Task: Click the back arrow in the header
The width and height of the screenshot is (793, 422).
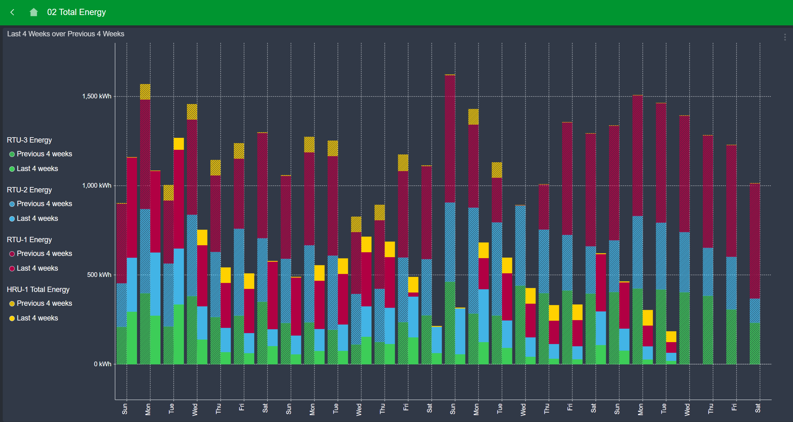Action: point(13,12)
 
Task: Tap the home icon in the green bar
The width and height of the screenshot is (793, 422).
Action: point(34,12)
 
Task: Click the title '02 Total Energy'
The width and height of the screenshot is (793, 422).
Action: point(76,12)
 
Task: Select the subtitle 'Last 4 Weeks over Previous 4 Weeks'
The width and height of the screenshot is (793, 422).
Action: point(66,34)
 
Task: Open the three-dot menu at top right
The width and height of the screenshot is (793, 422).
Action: point(785,37)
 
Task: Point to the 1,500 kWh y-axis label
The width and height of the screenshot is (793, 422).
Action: point(97,96)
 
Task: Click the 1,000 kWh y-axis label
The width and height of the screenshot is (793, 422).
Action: point(97,185)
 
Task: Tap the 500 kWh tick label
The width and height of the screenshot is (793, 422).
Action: point(99,275)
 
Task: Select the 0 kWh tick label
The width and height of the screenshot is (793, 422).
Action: point(102,364)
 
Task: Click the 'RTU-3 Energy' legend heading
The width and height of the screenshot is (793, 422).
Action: point(29,140)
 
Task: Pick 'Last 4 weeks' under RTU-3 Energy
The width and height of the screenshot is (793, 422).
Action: point(37,169)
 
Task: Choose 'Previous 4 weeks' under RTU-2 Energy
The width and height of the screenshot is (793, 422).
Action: point(44,204)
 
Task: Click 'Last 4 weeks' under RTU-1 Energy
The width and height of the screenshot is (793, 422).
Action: point(37,268)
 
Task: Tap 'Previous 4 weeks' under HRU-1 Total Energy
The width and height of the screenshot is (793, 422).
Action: point(44,303)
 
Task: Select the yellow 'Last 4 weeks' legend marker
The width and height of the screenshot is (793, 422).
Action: point(12,318)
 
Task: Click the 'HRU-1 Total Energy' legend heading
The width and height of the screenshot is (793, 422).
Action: point(38,289)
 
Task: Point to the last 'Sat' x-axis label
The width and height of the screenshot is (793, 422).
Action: point(758,408)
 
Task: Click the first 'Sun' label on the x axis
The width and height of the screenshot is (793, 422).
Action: point(125,409)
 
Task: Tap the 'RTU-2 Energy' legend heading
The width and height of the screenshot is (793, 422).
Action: point(29,190)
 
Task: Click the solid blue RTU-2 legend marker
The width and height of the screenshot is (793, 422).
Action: point(12,219)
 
